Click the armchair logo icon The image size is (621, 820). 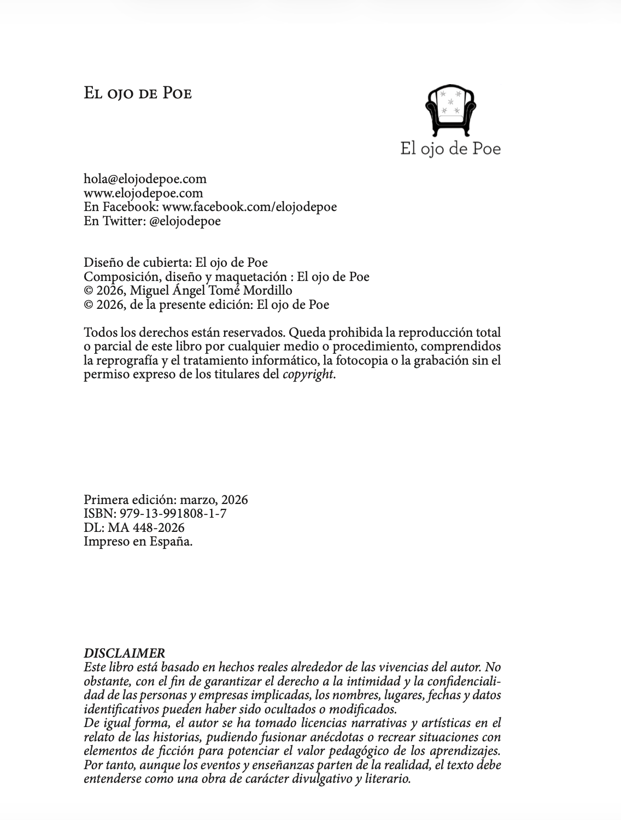(x=450, y=110)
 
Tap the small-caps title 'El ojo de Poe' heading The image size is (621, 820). (x=137, y=93)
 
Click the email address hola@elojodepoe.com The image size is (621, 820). (x=145, y=179)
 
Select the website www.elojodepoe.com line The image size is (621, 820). (x=143, y=193)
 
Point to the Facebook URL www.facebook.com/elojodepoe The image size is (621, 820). (x=249, y=207)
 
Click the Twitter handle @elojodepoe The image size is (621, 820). (x=185, y=221)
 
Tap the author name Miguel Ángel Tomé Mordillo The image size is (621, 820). (x=210, y=290)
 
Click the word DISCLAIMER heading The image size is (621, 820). (x=124, y=653)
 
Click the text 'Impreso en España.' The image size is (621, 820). (x=138, y=542)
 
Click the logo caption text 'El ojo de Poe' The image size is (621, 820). (x=450, y=148)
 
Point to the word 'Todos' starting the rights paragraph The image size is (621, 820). (x=99, y=332)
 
